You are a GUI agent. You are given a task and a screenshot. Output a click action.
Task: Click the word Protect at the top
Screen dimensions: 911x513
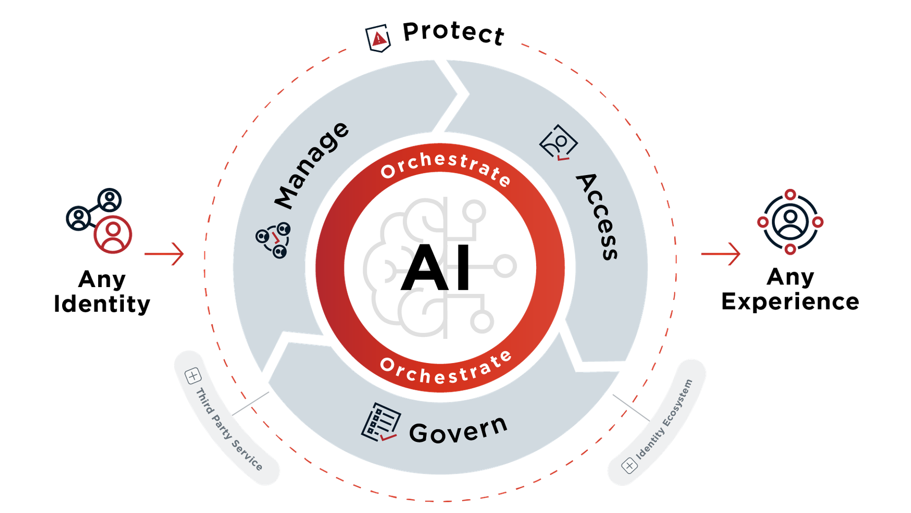coord(453,33)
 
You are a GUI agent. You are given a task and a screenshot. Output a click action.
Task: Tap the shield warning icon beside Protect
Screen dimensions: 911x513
coord(378,38)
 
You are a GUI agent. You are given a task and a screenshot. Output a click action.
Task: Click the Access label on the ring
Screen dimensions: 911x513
coord(597,216)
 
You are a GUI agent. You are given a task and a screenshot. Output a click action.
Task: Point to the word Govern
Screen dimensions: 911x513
coord(458,429)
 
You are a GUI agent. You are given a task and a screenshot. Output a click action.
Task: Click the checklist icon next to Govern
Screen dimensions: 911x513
coord(381,422)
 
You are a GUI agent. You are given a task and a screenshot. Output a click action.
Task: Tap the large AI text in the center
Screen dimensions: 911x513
coord(436,268)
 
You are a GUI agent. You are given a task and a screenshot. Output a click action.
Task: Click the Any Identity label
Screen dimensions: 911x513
coord(102,291)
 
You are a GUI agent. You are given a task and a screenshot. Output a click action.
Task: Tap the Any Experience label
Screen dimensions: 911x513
coord(790,289)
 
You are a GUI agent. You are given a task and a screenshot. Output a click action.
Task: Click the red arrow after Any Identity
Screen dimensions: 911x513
coord(164,254)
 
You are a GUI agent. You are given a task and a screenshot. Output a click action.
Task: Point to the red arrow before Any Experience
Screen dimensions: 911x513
coord(721,254)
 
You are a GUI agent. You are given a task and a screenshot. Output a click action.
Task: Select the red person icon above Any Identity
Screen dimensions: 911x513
coord(112,234)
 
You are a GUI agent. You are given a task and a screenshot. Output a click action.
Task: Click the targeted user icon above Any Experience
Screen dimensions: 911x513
coord(790,222)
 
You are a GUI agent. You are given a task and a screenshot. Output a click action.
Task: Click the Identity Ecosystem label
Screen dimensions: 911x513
coord(664,420)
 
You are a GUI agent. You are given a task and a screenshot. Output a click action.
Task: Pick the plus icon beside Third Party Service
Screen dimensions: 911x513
coord(193,376)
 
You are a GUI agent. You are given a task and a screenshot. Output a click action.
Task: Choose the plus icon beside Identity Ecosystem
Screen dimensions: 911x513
coord(629,466)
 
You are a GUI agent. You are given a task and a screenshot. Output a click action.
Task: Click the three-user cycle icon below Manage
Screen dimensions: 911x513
coord(273,240)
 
